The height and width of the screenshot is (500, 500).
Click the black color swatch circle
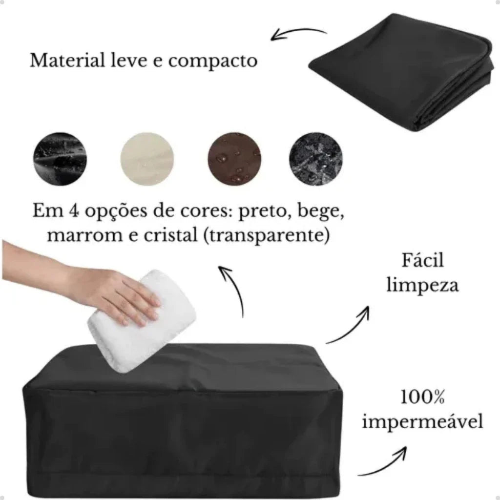point(60,159)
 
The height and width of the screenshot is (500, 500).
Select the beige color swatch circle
point(147,159)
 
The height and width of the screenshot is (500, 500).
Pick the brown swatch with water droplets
point(234,159)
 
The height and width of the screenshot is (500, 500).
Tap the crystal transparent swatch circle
point(316,159)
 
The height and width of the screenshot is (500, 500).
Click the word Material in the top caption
point(67,60)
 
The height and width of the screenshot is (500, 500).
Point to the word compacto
point(213,61)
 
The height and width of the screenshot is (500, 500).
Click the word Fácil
point(422,260)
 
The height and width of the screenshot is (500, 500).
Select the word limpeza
point(422,285)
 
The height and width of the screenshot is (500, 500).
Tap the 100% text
point(422,397)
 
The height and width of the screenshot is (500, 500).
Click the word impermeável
point(422,421)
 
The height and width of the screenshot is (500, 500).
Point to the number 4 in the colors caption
point(73,211)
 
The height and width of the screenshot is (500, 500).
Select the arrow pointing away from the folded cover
point(298,31)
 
